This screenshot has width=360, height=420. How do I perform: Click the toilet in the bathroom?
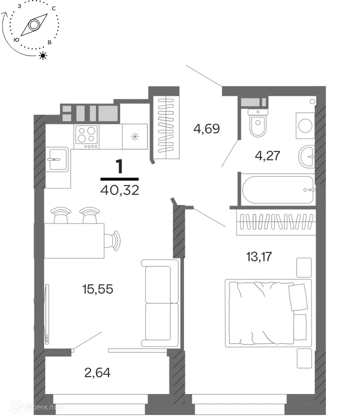point(258,122)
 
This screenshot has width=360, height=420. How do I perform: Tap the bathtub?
point(278,189)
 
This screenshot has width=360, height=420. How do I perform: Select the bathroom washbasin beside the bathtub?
point(307,156)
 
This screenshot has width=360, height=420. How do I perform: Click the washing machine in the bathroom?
point(305,125)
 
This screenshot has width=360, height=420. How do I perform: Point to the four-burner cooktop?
point(86,136)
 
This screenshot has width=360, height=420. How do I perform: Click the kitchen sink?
point(57,159)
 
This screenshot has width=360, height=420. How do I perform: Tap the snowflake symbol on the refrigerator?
point(134,136)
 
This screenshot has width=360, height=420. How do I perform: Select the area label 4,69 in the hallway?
point(207,128)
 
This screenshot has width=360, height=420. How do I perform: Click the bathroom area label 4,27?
point(267,155)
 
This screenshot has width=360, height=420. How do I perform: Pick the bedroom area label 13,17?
point(259,256)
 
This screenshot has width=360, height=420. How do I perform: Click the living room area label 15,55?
point(98,289)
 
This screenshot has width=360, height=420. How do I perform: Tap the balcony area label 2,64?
point(97,372)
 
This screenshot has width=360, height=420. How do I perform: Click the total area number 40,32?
point(119,190)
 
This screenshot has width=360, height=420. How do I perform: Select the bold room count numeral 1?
point(119,166)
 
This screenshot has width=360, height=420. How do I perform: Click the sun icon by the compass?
point(42,55)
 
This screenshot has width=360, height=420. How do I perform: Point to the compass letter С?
point(54,8)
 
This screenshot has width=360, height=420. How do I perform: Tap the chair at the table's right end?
point(112,241)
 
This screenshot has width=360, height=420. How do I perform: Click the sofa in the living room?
point(160,303)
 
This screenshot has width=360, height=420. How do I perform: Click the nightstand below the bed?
point(304,358)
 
